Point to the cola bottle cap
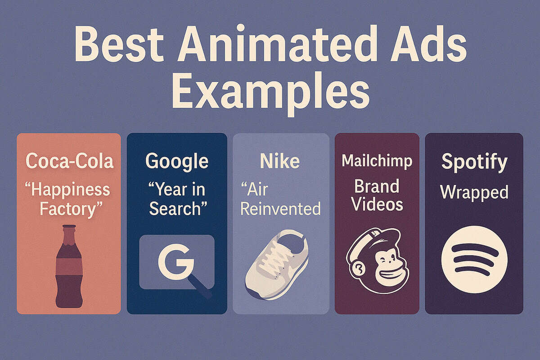click(x=69, y=227)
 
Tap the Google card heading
click(x=177, y=161)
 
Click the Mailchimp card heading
click(x=377, y=161)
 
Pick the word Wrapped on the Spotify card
click(x=474, y=192)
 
